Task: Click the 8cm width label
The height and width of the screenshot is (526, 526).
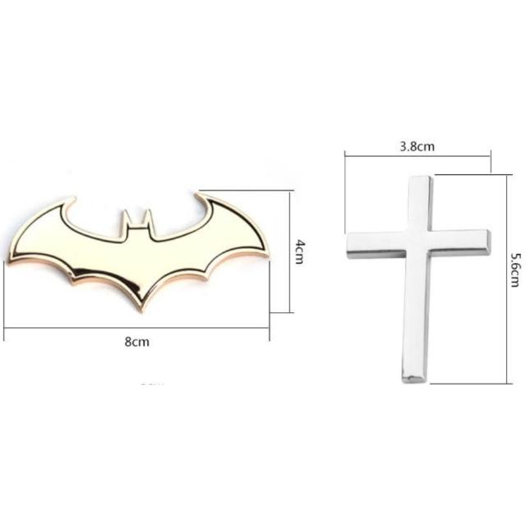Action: pos(137,342)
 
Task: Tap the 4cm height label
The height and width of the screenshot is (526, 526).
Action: pos(299,251)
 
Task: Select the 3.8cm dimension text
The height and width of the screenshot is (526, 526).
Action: pos(417,146)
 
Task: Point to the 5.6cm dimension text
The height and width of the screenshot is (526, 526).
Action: pos(515,270)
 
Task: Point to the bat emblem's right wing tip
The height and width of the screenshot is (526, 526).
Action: pos(266,254)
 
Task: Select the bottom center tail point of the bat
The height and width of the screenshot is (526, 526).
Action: pos(143,310)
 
